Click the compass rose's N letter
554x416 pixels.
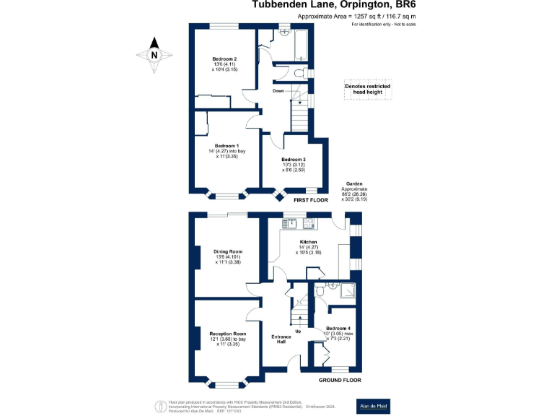pyautogui.click(x=154, y=54)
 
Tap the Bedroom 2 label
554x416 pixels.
pyautogui.click(x=224, y=58)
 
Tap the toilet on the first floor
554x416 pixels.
pyautogui.click(x=299, y=71)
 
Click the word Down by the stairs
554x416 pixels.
pyautogui.click(x=278, y=91)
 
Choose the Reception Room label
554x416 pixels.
pyautogui.click(x=228, y=334)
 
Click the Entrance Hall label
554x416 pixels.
pyautogui.click(x=281, y=340)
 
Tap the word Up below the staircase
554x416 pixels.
pyautogui.click(x=299, y=331)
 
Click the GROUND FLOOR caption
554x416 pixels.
pyautogui.click(x=340, y=380)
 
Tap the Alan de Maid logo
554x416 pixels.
pyautogui.click(x=375, y=407)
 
